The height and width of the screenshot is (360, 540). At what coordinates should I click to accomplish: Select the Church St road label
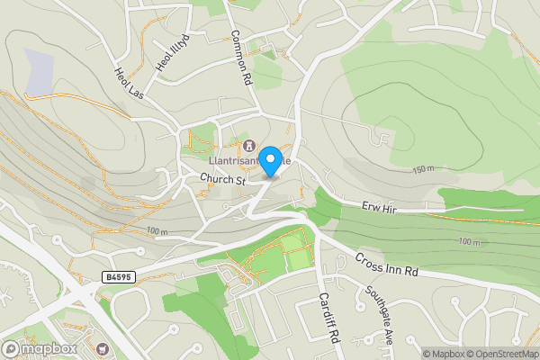tap(223, 180)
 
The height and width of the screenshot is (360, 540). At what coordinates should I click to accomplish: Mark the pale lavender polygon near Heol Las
tap(40, 73)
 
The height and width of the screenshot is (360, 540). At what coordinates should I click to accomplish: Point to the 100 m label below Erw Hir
tap(469, 242)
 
